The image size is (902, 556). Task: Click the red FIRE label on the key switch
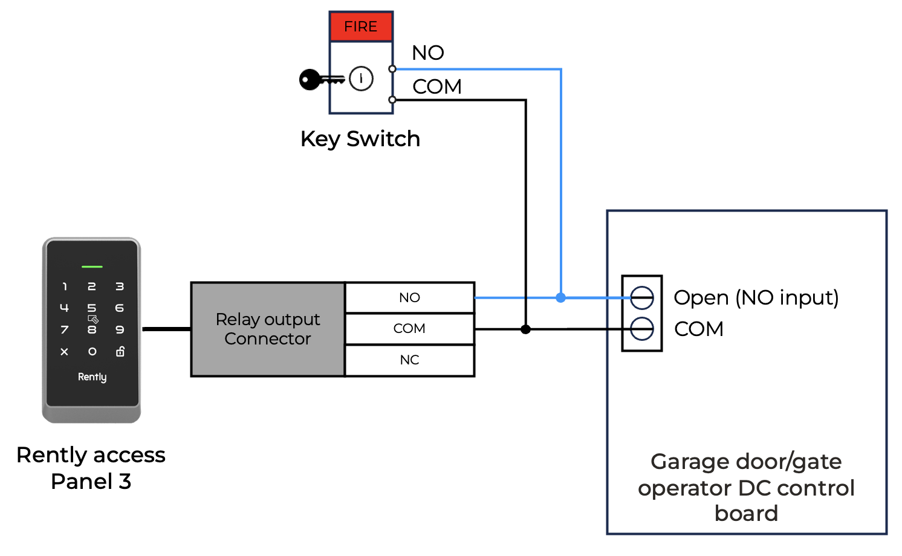pos(361,27)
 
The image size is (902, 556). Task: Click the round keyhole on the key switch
pos(361,79)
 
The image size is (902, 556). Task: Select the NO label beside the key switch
pos(427,53)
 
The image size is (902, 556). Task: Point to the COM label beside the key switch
pos(436,87)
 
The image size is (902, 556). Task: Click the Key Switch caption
pos(360,139)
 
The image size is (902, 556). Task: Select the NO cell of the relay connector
pos(409,297)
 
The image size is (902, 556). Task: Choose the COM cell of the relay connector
pos(409,329)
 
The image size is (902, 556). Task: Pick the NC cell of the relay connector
pos(409,360)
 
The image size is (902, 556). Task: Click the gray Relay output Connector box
pos(268,329)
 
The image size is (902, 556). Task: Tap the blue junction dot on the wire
pos(561,297)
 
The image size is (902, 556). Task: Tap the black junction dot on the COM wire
pos(525,329)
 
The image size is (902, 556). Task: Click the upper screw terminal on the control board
pos(641,297)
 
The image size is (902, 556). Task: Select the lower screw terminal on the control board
pos(641,329)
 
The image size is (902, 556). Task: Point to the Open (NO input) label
pos(756,297)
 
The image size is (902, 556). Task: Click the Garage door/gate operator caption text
pos(746,487)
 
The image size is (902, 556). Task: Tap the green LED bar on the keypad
pos(92,267)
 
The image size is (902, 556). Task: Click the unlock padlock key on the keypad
pos(120,351)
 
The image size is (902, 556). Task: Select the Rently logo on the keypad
pos(92,377)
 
